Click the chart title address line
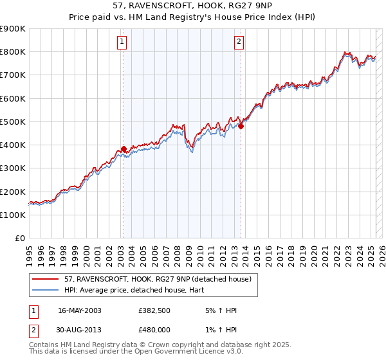tap(192, 6)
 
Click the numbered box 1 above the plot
tap(122, 42)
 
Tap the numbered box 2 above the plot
tap(239, 42)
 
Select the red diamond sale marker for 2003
tap(124, 149)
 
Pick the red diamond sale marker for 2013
tap(241, 127)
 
